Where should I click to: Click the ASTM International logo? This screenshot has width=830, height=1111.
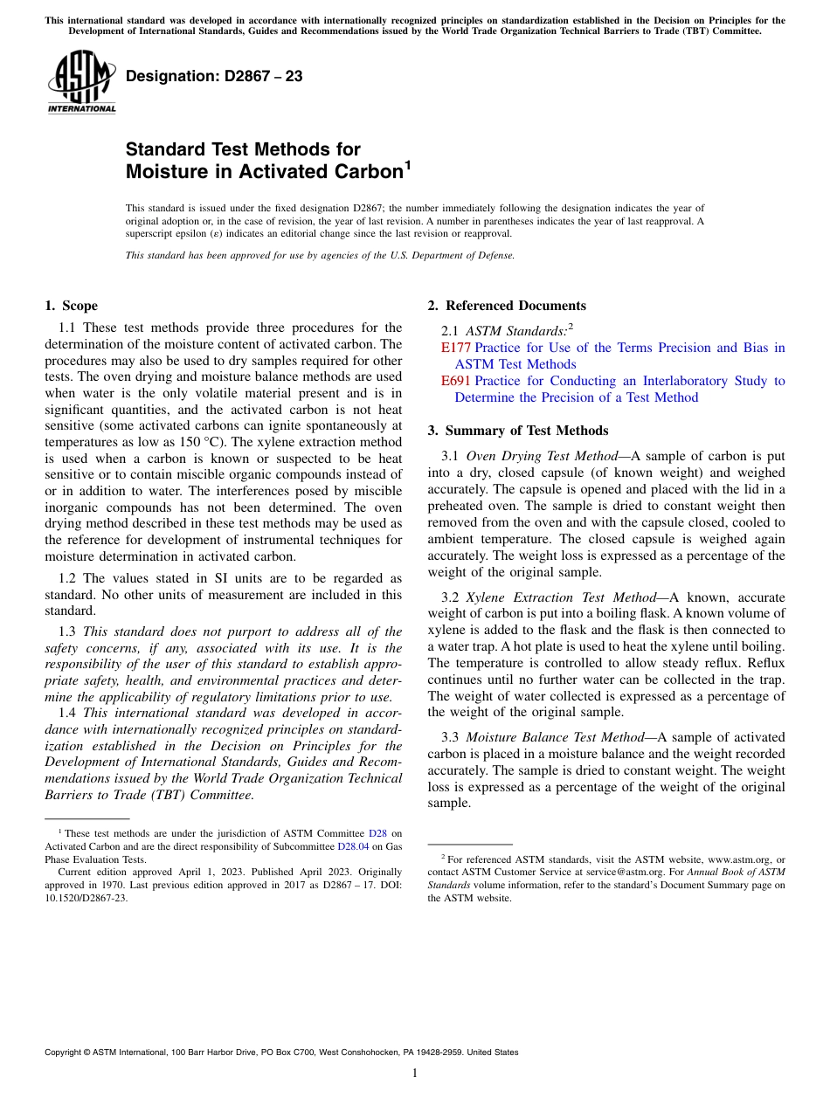81,82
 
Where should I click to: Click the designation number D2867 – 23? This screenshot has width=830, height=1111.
214,76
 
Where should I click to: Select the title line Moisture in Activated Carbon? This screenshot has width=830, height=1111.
263,172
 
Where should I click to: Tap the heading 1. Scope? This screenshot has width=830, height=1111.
72,306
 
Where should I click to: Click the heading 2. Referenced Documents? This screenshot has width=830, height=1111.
507,306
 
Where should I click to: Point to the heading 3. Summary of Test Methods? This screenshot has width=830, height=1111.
518,431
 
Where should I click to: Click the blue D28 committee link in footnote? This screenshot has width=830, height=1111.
377,834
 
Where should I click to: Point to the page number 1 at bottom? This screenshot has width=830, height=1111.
415,1073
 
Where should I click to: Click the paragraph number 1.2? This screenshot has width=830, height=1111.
67,578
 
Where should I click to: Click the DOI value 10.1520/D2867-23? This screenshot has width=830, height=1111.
86,897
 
